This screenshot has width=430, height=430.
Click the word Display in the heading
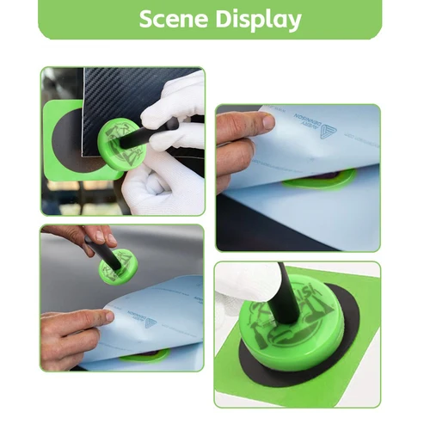tap(256, 19)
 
